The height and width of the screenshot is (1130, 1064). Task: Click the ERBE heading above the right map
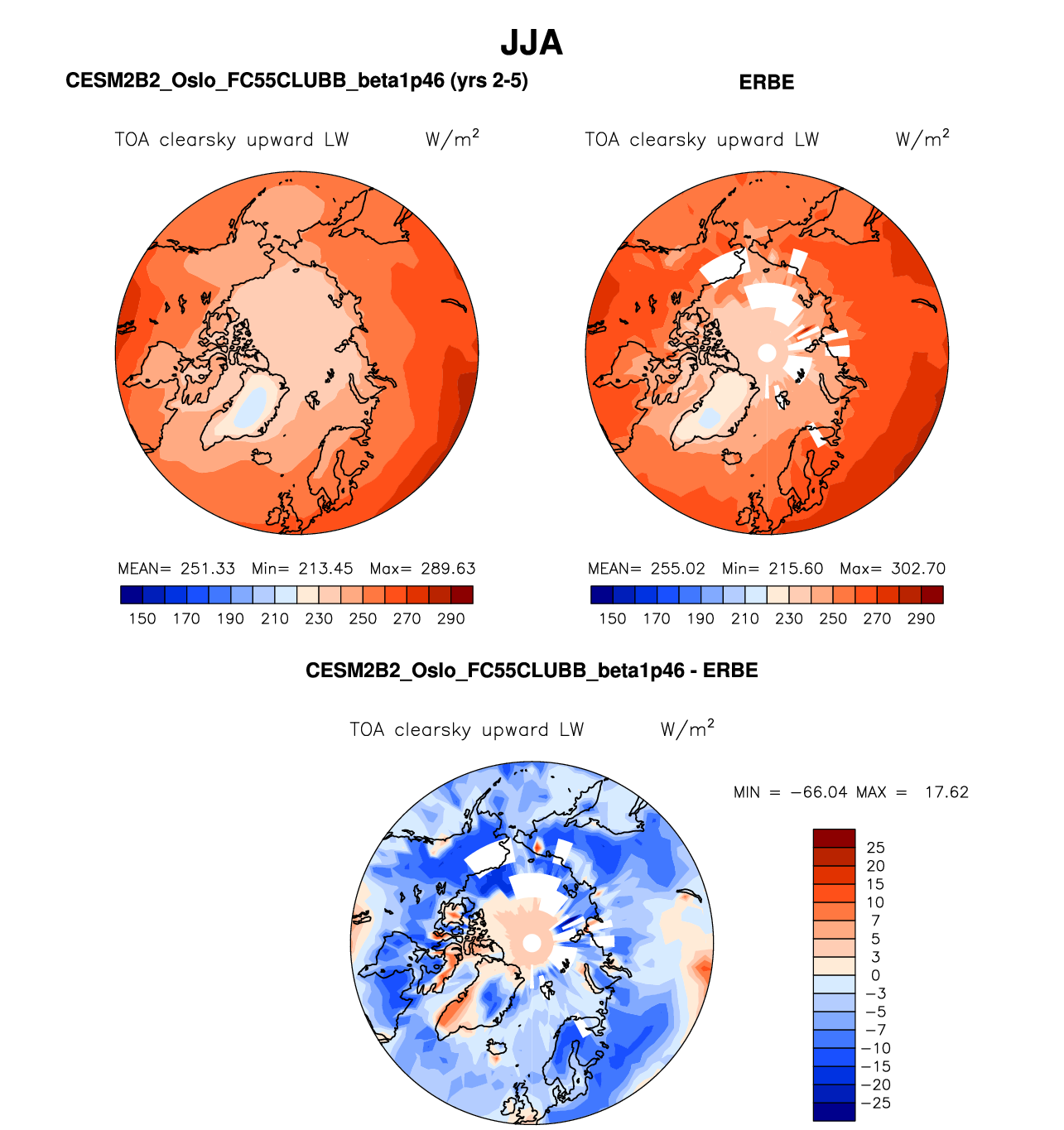pyautogui.click(x=766, y=82)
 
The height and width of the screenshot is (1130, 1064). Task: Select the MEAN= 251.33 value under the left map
pyautogui.click(x=177, y=569)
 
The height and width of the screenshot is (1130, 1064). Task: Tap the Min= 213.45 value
pyautogui.click(x=302, y=569)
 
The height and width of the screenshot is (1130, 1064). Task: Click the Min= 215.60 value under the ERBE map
pyautogui.click(x=773, y=569)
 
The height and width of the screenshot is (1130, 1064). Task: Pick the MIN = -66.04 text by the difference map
pyautogui.click(x=791, y=792)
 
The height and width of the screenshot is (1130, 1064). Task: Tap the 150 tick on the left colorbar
pyautogui.click(x=142, y=618)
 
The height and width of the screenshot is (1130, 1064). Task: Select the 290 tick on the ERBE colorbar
pyautogui.click(x=921, y=618)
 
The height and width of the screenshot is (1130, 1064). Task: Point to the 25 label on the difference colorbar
pyautogui.click(x=875, y=848)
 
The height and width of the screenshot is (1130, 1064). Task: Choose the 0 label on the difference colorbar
pyautogui.click(x=875, y=975)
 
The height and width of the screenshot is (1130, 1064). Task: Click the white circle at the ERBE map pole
pyautogui.click(x=768, y=353)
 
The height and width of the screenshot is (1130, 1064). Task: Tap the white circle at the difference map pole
pyautogui.click(x=532, y=943)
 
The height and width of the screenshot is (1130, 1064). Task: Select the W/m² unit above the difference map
pyautogui.click(x=687, y=728)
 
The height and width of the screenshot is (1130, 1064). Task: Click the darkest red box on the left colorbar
pyautogui.click(x=462, y=594)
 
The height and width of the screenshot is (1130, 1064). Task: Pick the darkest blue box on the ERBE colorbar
pyautogui.click(x=602, y=594)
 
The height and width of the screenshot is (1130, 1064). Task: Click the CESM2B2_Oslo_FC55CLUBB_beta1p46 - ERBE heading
pyautogui.click(x=532, y=671)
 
